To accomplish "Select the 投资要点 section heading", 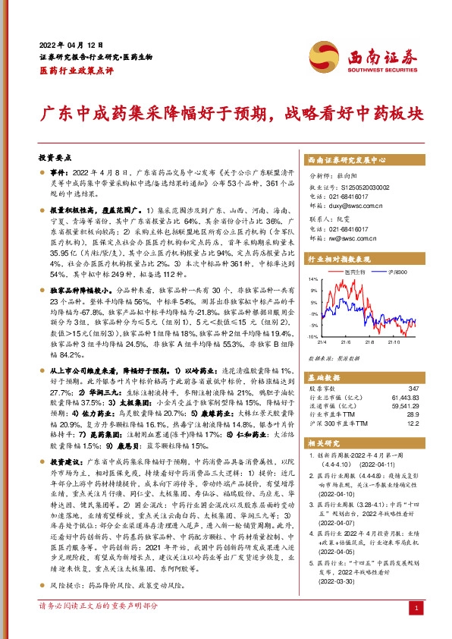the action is point(55,159).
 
